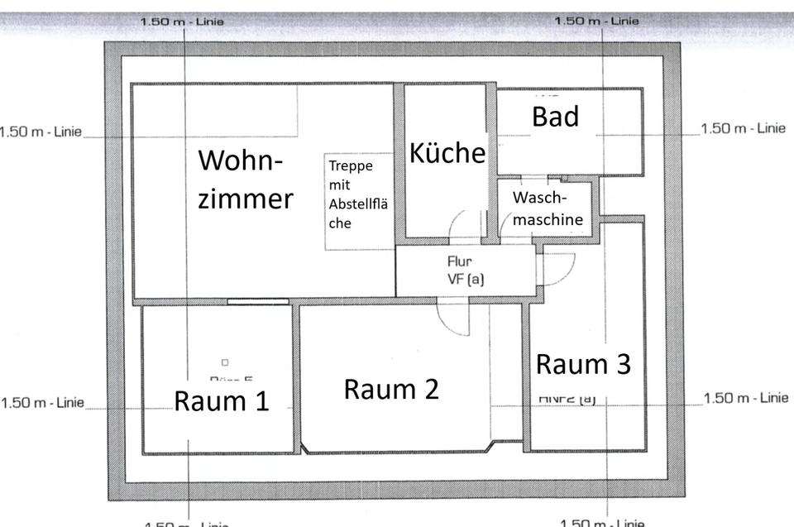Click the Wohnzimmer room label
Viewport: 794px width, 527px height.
(x=246, y=179)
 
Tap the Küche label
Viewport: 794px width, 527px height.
(x=447, y=153)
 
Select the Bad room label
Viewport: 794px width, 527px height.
(x=555, y=117)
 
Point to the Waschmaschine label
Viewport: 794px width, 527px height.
(x=548, y=209)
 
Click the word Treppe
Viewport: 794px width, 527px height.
(x=351, y=165)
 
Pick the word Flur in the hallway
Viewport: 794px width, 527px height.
(x=459, y=262)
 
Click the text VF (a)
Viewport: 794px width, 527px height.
(x=465, y=279)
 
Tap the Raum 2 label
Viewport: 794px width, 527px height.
(x=390, y=388)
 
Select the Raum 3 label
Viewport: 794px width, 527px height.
(x=583, y=364)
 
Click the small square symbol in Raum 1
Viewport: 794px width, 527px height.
(x=224, y=362)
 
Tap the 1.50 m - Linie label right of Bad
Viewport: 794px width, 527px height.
(x=742, y=128)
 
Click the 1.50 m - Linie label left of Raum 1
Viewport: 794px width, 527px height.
(x=43, y=403)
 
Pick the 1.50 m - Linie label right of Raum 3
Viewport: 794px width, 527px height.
(x=745, y=398)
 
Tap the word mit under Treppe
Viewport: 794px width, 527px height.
(x=339, y=185)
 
